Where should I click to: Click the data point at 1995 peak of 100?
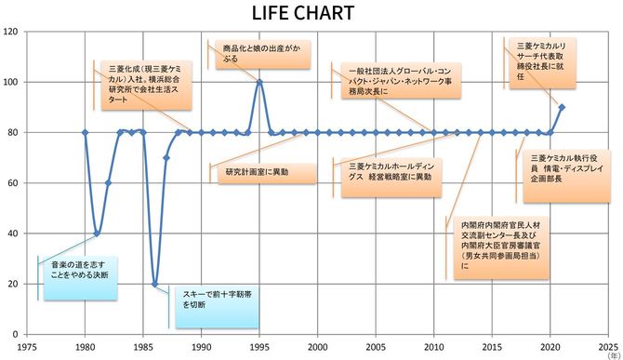(259, 82)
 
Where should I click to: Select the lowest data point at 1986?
(154, 284)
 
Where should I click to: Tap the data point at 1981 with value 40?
(97, 233)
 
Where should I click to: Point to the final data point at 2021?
(562, 107)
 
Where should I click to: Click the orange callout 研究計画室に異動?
(256, 173)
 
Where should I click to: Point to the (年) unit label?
(613, 355)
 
